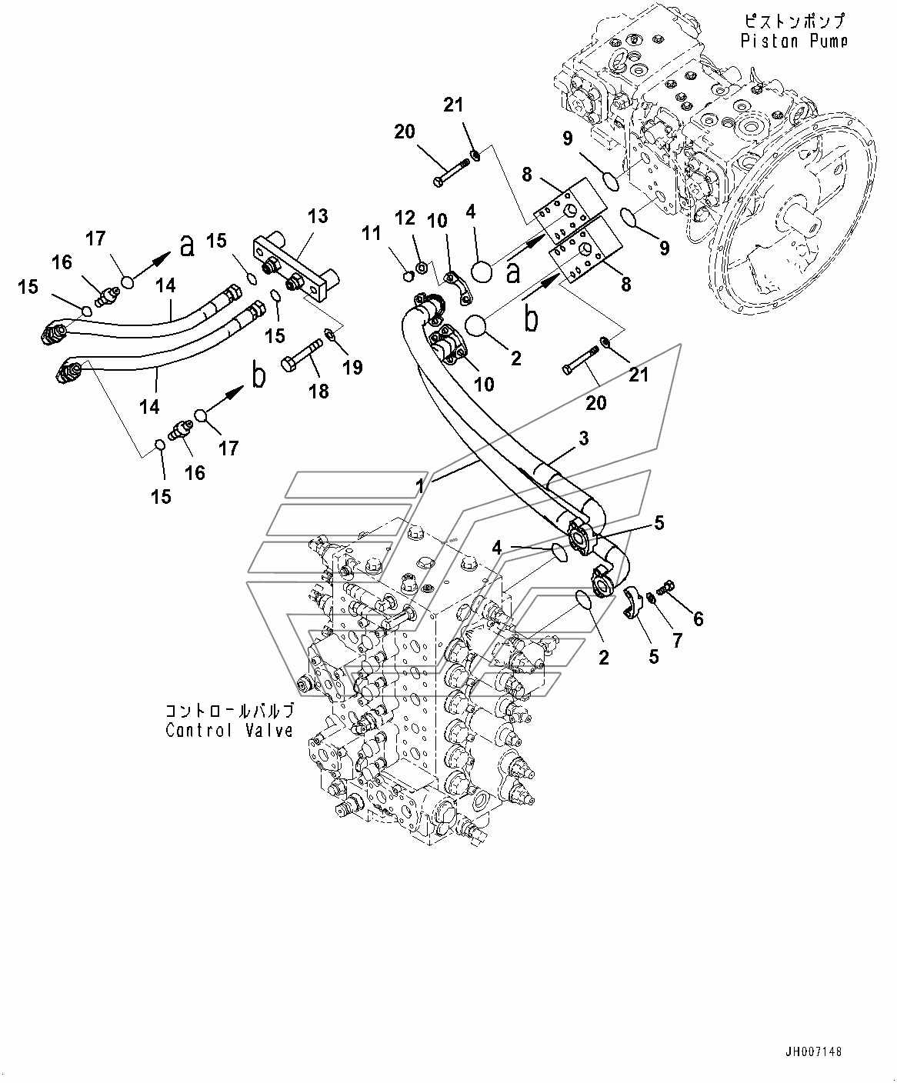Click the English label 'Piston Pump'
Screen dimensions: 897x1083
pyautogui.click(x=794, y=41)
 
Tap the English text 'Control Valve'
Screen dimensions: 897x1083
pyautogui.click(x=229, y=731)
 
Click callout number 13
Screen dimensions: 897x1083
pyautogui.click(x=318, y=216)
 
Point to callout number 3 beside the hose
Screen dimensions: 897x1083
pyautogui.click(x=584, y=438)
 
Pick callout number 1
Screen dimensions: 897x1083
pyautogui.click(x=420, y=486)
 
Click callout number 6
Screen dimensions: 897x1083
pyautogui.click(x=699, y=618)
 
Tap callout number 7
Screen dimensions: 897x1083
pyautogui.click(x=678, y=641)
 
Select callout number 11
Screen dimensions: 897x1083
pyautogui.click(x=372, y=233)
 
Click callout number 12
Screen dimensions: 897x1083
pyautogui.click(x=405, y=218)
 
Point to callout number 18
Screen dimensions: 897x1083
pyautogui.click(x=319, y=392)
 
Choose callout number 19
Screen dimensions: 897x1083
pyautogui.click(x=353, y=368)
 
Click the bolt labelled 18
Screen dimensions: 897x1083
pyautogui.click(x=302, y=355)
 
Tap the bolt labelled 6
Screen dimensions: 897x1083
pyautogui.click(x=665, y=588)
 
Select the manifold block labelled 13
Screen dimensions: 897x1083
pyautogui.click(x=295, y=267)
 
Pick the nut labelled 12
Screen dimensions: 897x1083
pyautogui.click(x=422, y=268)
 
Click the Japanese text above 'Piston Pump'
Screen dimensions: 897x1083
pyautogui.click(x=794, y=21)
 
